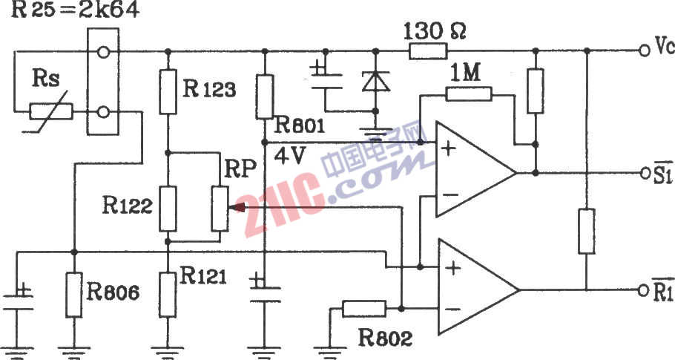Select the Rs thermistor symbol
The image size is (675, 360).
[x=51, y=112]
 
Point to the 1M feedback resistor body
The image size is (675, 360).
[x=469, y=94]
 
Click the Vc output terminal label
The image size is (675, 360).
[x=663, y=49]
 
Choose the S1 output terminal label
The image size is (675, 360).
[x=662, y=173]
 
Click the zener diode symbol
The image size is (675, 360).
[x=375, y=81]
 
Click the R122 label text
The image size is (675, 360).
[x=128, y=206]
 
